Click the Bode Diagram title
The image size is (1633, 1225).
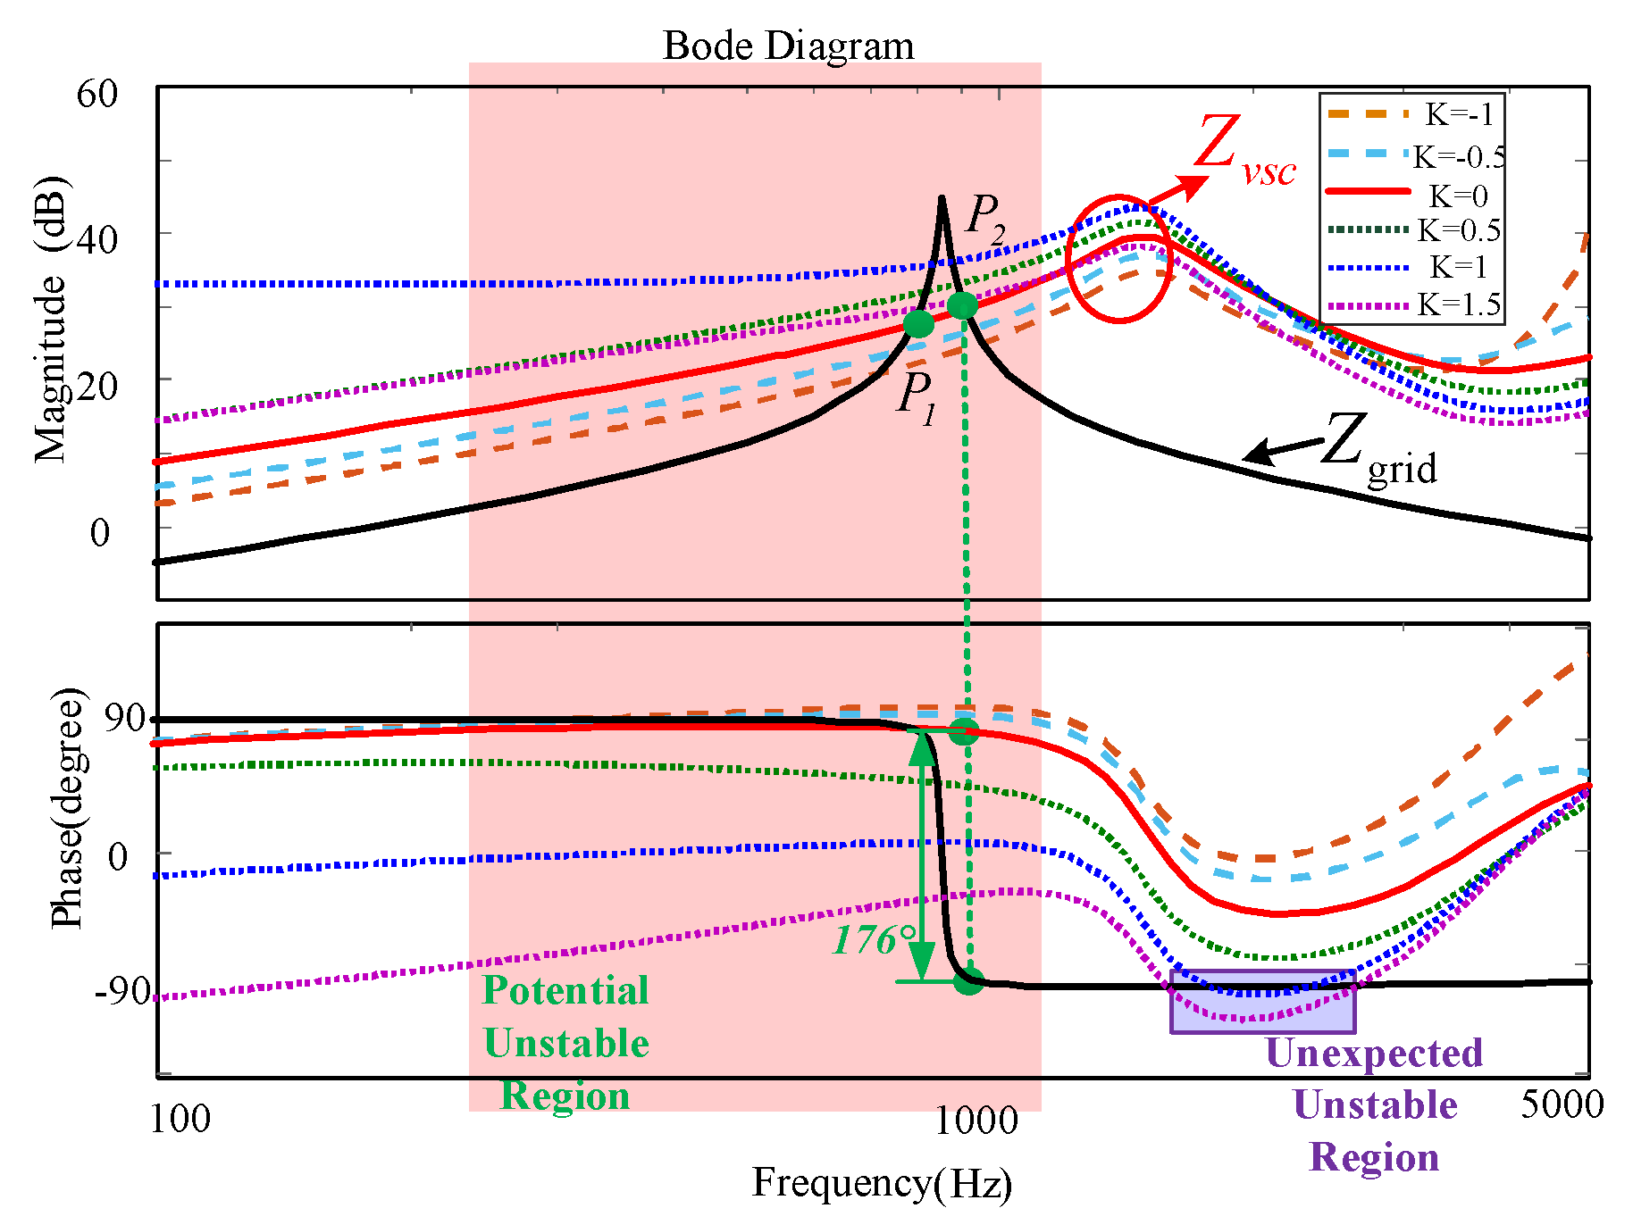click(788, 46)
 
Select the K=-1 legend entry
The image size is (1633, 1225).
click(1458, 114)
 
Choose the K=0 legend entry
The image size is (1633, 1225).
click(1458, 196)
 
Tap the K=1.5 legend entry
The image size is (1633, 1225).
click(1459, 305)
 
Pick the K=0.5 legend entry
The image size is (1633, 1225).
click(1459, 230)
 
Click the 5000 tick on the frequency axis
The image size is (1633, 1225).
click(1562, 1105)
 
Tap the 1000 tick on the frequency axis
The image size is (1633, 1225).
click(976, 1120)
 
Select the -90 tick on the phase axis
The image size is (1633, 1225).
click(122, 990)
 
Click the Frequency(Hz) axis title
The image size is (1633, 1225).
click(882, 1183)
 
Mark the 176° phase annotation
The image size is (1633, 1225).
click(875, 940)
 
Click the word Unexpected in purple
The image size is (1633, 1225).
click(1374, 1054)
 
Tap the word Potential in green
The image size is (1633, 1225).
click(565, 991)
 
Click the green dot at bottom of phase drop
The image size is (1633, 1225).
click(968, 981)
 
